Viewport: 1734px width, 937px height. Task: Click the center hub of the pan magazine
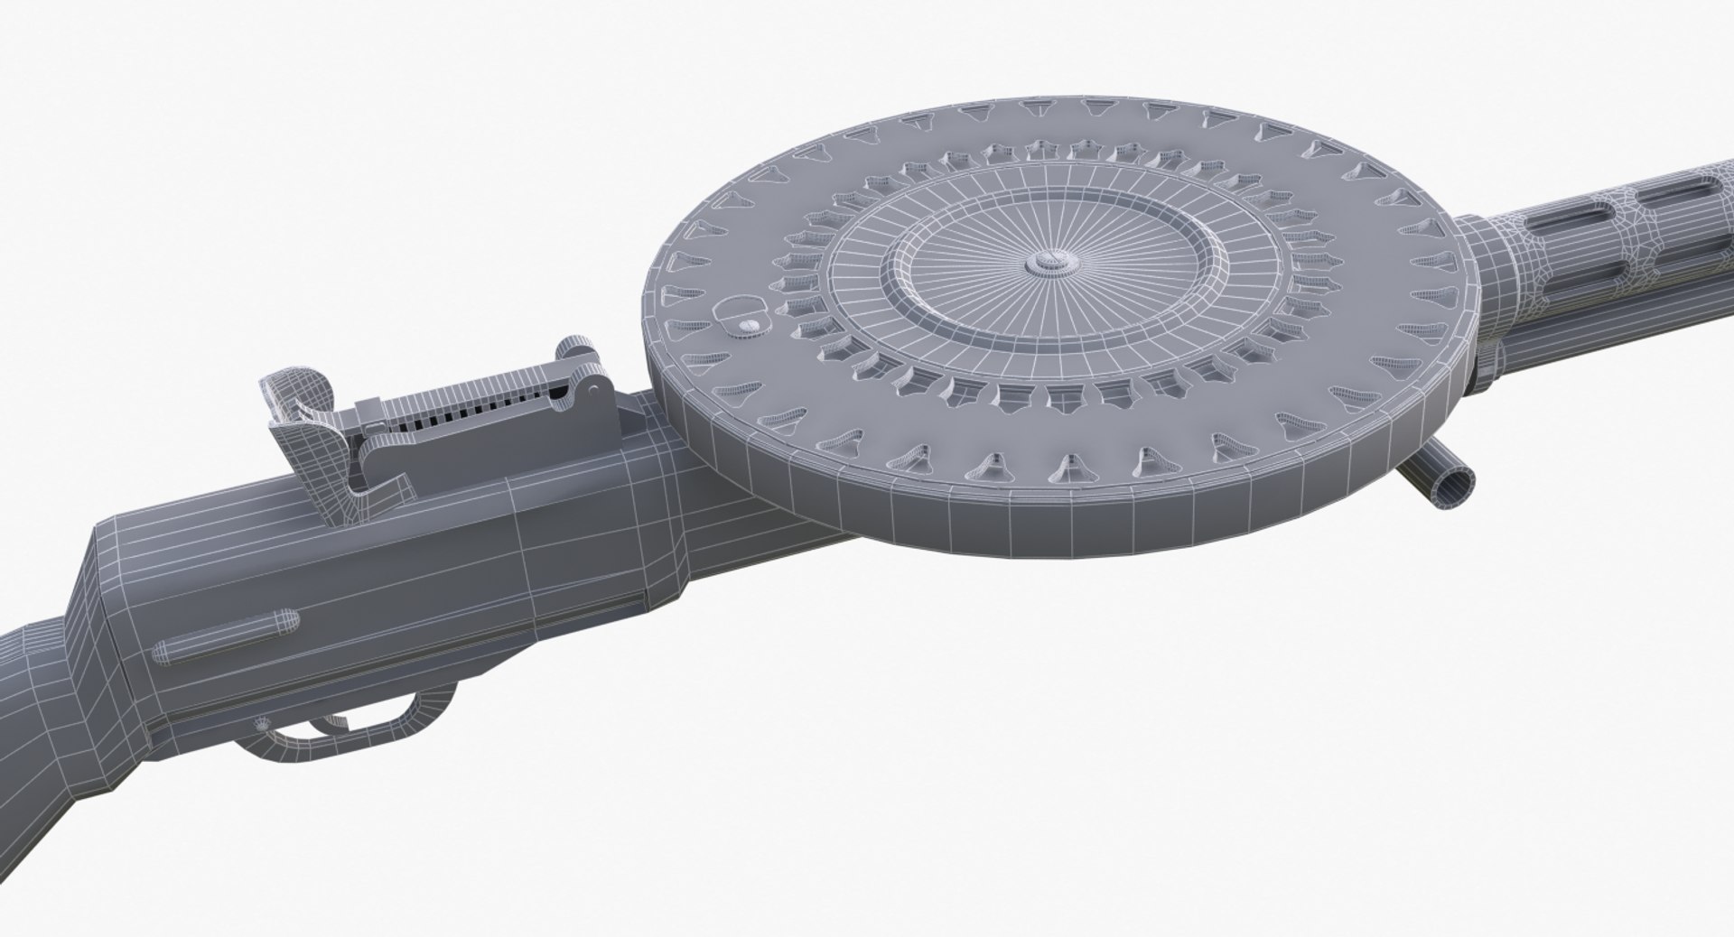pos(1047,264)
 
